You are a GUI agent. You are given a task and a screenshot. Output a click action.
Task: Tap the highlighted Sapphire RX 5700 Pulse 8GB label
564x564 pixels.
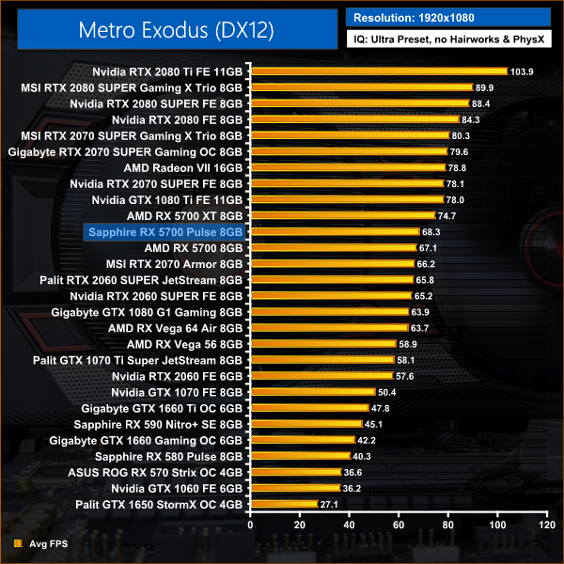pos(165,231)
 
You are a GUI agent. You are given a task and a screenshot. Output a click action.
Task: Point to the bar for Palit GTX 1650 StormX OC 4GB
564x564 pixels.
pos(283,504)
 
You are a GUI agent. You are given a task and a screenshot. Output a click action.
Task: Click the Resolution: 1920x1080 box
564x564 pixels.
pos(448,17)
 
